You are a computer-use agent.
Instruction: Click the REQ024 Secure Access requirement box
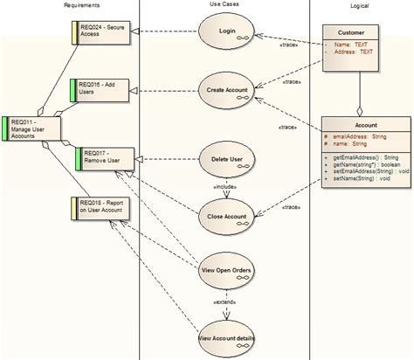[101, 31]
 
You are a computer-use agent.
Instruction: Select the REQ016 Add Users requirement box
[101, 88]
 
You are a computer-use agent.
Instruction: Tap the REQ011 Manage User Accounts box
[31, 128]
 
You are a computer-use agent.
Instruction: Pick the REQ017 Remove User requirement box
[107, 157]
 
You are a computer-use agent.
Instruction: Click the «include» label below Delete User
[226, 187]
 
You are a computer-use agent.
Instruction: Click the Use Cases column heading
[225, 5]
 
